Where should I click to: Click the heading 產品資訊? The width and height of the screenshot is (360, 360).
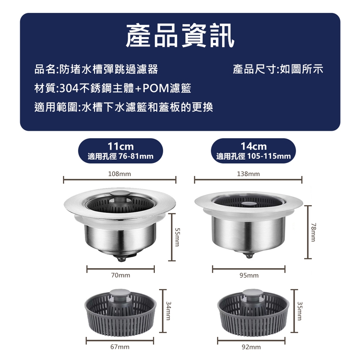[x=180, y=36]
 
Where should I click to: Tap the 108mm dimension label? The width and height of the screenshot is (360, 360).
[x=120, y=174]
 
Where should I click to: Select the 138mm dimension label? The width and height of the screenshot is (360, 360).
[x=248, y=174]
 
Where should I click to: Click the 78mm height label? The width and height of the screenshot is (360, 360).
[x=314, y=232]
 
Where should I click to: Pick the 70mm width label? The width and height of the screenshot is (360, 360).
[x=120, y=275]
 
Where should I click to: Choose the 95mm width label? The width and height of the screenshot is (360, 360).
[x=249, y=275]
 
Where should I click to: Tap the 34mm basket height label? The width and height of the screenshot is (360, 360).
[x=169, y=310]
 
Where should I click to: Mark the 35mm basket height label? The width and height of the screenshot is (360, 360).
[x=300, y=310]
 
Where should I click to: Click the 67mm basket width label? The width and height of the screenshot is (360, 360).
[x=120, y=346]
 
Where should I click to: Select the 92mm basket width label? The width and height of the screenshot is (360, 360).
[x=251, y=346]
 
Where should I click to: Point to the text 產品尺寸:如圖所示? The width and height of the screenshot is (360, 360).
[x=278, y=69]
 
